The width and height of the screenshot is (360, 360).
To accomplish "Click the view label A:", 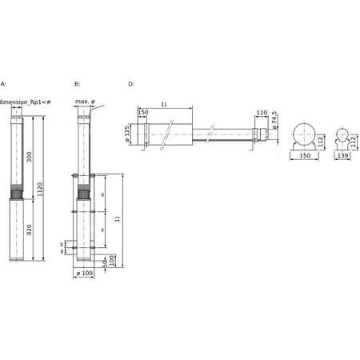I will tap(3, 83).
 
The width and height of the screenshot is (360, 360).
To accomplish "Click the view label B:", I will tap(77, 83).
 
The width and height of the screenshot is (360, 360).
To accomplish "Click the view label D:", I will tap(131, 83).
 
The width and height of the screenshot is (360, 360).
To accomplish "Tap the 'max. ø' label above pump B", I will tap(86, 102).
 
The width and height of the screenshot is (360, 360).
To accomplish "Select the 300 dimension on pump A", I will tap(30, 156).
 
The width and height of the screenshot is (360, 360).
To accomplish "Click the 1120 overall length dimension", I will tap(40, 189).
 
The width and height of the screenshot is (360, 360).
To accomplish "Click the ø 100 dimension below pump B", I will tap(84, 274).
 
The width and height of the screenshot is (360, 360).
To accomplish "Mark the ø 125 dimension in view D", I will tap(128, 134).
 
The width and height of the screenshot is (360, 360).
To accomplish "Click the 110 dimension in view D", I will tap(261, 113).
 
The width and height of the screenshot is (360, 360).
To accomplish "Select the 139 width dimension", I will tap(342, 158).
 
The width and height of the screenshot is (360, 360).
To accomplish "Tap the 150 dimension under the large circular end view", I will tap(304, 158).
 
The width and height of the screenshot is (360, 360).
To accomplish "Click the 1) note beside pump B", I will tap(118, 218).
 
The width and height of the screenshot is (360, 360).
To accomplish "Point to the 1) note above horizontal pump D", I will tap(164, 105).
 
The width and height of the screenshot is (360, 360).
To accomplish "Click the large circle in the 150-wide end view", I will tap(304, 134).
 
